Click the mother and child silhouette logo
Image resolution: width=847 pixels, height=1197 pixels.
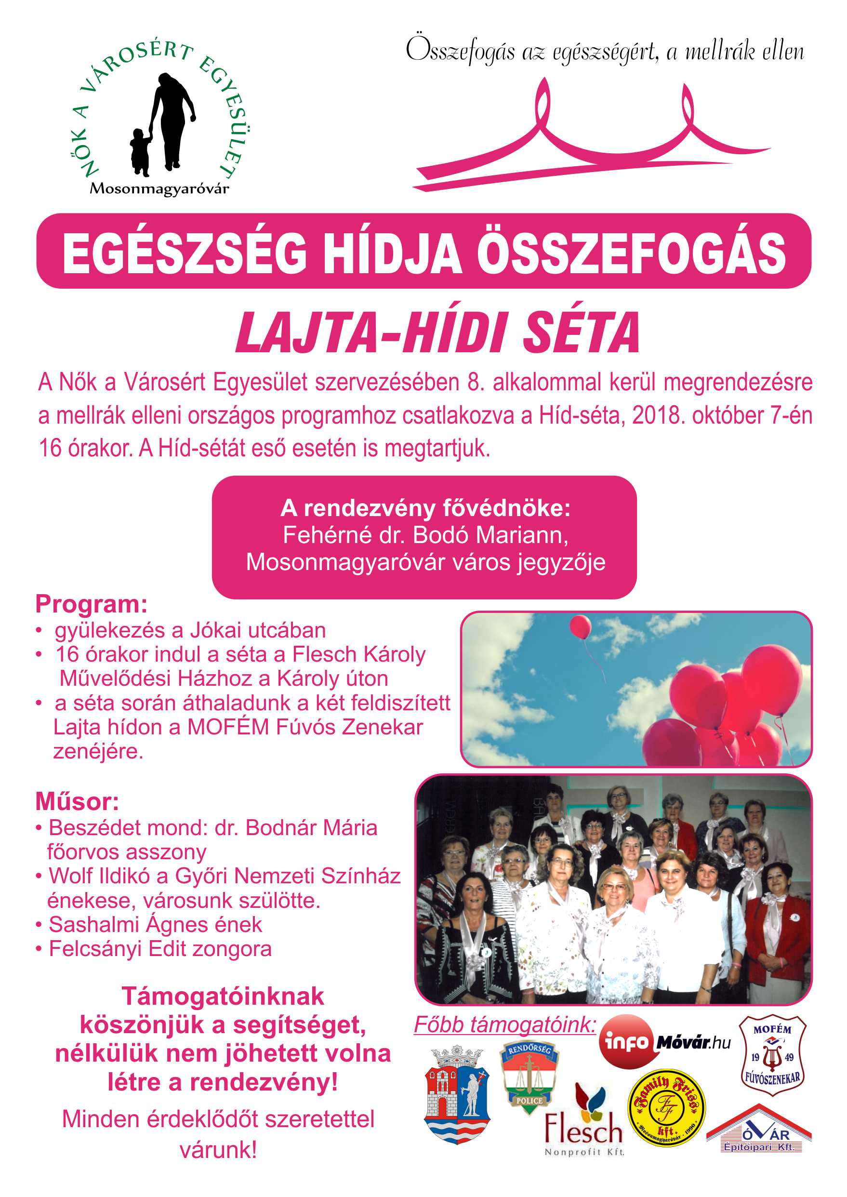coord(162,123)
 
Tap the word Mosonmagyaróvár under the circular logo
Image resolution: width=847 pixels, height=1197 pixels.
coord(159,189)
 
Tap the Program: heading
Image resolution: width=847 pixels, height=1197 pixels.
coord(91,604)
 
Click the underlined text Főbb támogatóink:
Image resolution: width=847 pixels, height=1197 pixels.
coord(505,1024)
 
